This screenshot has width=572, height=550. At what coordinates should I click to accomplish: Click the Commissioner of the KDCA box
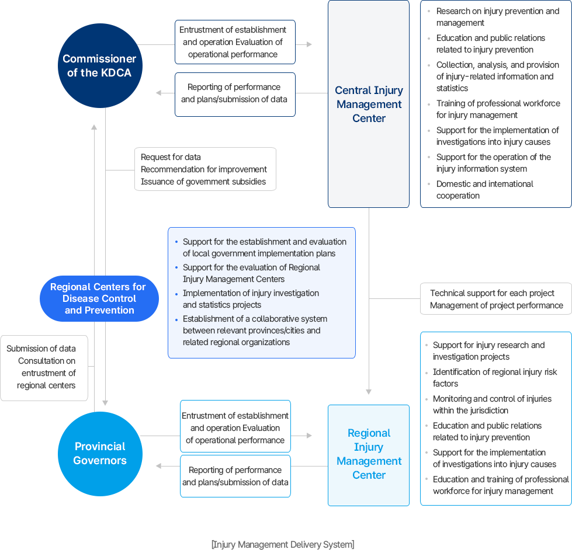(99, 65)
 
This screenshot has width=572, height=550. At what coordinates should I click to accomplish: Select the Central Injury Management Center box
(369, 104)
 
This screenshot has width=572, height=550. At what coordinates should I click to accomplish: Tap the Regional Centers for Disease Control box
(99, 298)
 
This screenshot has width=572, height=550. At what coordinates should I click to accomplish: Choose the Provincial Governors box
(100, 453)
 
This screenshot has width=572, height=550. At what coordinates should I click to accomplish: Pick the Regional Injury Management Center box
(369, 454)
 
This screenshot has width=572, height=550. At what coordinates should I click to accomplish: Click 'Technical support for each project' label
(492, 293)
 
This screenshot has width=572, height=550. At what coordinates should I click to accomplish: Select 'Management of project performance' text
(496, 305)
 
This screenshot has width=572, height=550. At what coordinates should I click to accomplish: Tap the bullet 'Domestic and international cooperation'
(484, 190)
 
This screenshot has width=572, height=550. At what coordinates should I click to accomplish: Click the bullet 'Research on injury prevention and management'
(497, 17)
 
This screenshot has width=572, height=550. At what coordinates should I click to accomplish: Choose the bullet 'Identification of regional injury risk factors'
(494, 378)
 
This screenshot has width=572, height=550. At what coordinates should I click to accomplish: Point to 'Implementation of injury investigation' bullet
(251, 299)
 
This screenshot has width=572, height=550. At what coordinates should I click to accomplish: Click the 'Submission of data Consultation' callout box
(44, 367)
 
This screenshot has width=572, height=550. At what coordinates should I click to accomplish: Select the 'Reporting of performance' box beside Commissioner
(234, 93)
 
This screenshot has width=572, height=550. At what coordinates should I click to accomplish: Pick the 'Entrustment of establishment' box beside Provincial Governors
(235, 428)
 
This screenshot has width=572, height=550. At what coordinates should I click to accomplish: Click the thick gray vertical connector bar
(100, 213)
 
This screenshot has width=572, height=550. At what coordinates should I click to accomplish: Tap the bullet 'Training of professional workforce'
(498, 109)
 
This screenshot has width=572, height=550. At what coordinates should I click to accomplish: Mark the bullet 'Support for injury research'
(488, 351)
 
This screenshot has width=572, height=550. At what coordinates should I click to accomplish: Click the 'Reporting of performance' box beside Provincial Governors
(235, 476)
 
